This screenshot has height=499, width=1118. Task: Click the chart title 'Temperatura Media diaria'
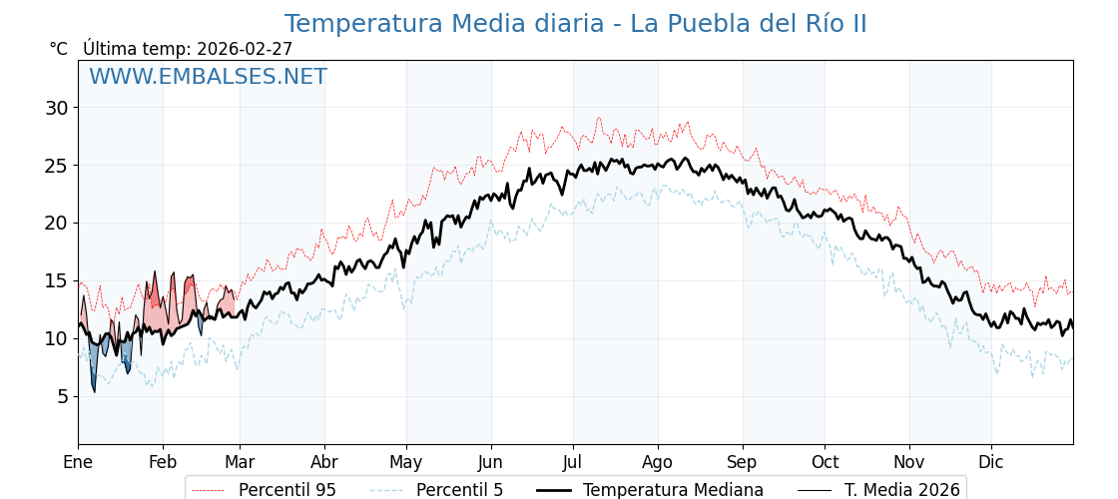pos(444,24)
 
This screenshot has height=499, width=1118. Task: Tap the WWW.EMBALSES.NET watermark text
pos(208,77)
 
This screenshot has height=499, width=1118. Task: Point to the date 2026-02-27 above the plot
pos(245,49)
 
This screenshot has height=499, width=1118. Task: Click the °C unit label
pos(59,49)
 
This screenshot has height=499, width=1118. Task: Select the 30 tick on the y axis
pos(56,108)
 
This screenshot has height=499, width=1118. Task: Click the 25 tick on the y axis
pos(56,166)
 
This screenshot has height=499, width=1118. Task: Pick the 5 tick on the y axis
pos(62,396)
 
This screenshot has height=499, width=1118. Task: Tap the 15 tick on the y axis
pos(56,280)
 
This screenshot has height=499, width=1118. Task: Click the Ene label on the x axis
pos(78,462)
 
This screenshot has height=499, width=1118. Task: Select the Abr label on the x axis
pos(324,462)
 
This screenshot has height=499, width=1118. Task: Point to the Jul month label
pos(573,462)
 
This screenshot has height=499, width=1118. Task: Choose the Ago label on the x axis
pos(658,462)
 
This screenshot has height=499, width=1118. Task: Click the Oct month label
pos(825,462)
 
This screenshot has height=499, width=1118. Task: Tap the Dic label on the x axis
pos(991,462)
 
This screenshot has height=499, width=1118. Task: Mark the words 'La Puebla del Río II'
pos(748,24)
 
